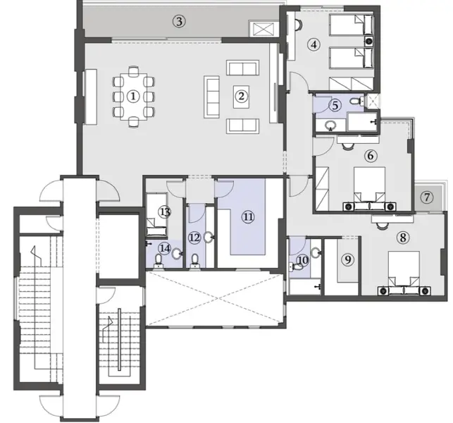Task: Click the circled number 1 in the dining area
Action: pyautogui.click(x=133, y=97)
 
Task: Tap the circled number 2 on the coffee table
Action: pyautogui.click(x=241, y=97)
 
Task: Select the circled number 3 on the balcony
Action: pyautogui.click(x=180, y=21)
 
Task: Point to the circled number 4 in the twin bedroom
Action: pyautogui.click(x=314, y=44)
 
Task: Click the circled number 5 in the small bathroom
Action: pyautogui.click(x=335, y=105)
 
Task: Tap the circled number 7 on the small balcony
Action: pyautogui.click(x=426, y=197)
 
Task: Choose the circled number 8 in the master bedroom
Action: pyautogui.click(x=403, y=238)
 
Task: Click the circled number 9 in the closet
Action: pyautogui.click(x=347, y=259)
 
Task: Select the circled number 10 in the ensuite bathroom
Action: pyautogui.click(x=303, y=260)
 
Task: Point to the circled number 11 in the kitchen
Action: pyautogui.click(x=247, y=216)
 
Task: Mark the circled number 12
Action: pyautogui.click(x=194, y=238)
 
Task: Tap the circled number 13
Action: pyautogui.click(x=165, y=211)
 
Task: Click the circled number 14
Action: pyautogui.click(x=164, y=247)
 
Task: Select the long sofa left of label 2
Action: pyautogui.click(x=211, y=97)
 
